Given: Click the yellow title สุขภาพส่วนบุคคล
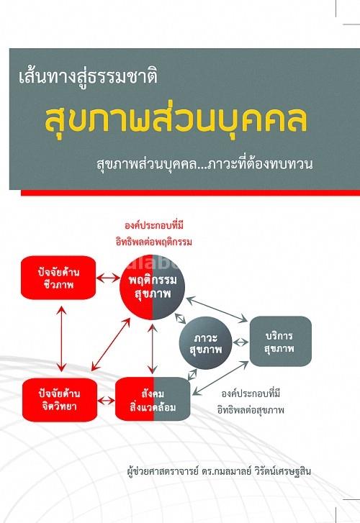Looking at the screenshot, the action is tap(176, 119).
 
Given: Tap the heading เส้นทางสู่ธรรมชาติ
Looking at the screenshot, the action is tap(88, 77).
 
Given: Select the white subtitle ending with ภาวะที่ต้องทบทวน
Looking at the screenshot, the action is tap(204, 164).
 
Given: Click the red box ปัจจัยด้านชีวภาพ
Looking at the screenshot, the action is tap(58, 278).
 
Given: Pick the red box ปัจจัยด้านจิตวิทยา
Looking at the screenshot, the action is tap(60, 399).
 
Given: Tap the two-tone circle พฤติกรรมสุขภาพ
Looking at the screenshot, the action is tap(153, 287).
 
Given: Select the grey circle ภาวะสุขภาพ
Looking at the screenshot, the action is tap(205, 343).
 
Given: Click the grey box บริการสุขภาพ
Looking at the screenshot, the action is tap(281, 341).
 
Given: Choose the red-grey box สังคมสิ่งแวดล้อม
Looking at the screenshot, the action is tap(153, 399).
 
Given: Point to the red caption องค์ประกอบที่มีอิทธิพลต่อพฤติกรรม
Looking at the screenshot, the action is tap(154, 234).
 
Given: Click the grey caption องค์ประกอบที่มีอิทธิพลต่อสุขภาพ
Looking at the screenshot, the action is tap(251, 401).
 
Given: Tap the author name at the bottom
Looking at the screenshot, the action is tap(220, 472).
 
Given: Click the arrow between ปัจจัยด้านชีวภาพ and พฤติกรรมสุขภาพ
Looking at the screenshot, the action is tap(108, 278).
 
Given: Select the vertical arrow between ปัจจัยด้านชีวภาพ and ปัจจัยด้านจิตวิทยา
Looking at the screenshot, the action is tap(61, 339).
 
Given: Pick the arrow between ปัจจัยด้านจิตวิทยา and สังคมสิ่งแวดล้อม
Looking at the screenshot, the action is tap(106, 399).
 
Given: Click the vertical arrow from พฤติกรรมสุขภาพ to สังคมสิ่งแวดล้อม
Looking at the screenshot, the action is tap(153, 349).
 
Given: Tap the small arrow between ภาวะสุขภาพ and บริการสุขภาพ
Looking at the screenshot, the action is tap(240, 342).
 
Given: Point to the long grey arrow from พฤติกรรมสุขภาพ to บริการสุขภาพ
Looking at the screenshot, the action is tap(217, 309).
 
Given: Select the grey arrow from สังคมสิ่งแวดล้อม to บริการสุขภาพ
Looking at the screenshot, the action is tap(220, 378).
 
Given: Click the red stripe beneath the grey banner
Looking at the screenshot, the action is tap(190, 193).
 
